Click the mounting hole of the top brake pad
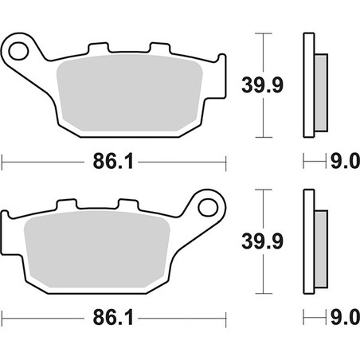18,51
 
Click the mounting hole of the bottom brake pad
208,207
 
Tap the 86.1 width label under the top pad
113,162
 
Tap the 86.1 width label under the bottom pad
113,318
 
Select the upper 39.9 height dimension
262,85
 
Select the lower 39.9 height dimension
262,241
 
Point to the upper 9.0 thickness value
345,161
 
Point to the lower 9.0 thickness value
345,318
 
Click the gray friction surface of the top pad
130,93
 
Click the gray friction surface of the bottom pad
97,249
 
